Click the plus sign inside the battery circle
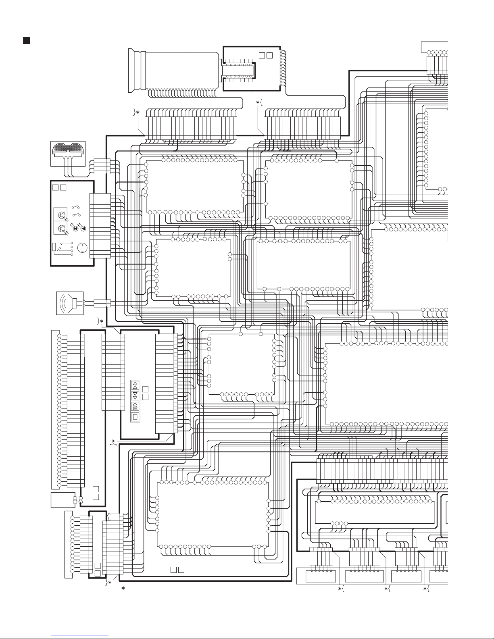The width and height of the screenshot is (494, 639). pos(82,245)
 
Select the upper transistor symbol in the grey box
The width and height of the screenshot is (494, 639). pos(62,215)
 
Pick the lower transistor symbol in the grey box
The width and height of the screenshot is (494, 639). pos(62,229)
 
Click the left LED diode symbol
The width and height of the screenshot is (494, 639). pos(75,229)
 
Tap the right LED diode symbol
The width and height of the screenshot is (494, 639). pos(83,229)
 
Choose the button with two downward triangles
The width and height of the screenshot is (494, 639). pos(135,395)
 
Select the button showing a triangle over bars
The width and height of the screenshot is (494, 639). pos(135,406)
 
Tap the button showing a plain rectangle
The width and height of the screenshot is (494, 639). pos(135,416)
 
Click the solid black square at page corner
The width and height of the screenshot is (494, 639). pos(26,40)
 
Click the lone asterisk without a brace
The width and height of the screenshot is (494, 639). pos(123,589)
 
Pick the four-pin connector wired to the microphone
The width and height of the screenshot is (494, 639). pos(99,166)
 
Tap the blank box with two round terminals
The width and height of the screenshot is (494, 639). pos(63,500)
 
